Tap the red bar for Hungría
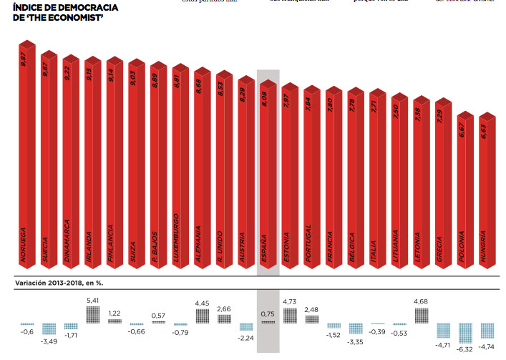pos(486,193)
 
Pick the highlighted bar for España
pos(267,179)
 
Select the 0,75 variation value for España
pos(268,313)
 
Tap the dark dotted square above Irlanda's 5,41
pos(93,315)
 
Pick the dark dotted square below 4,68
pos(422,315)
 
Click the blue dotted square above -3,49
pos(49,329)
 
